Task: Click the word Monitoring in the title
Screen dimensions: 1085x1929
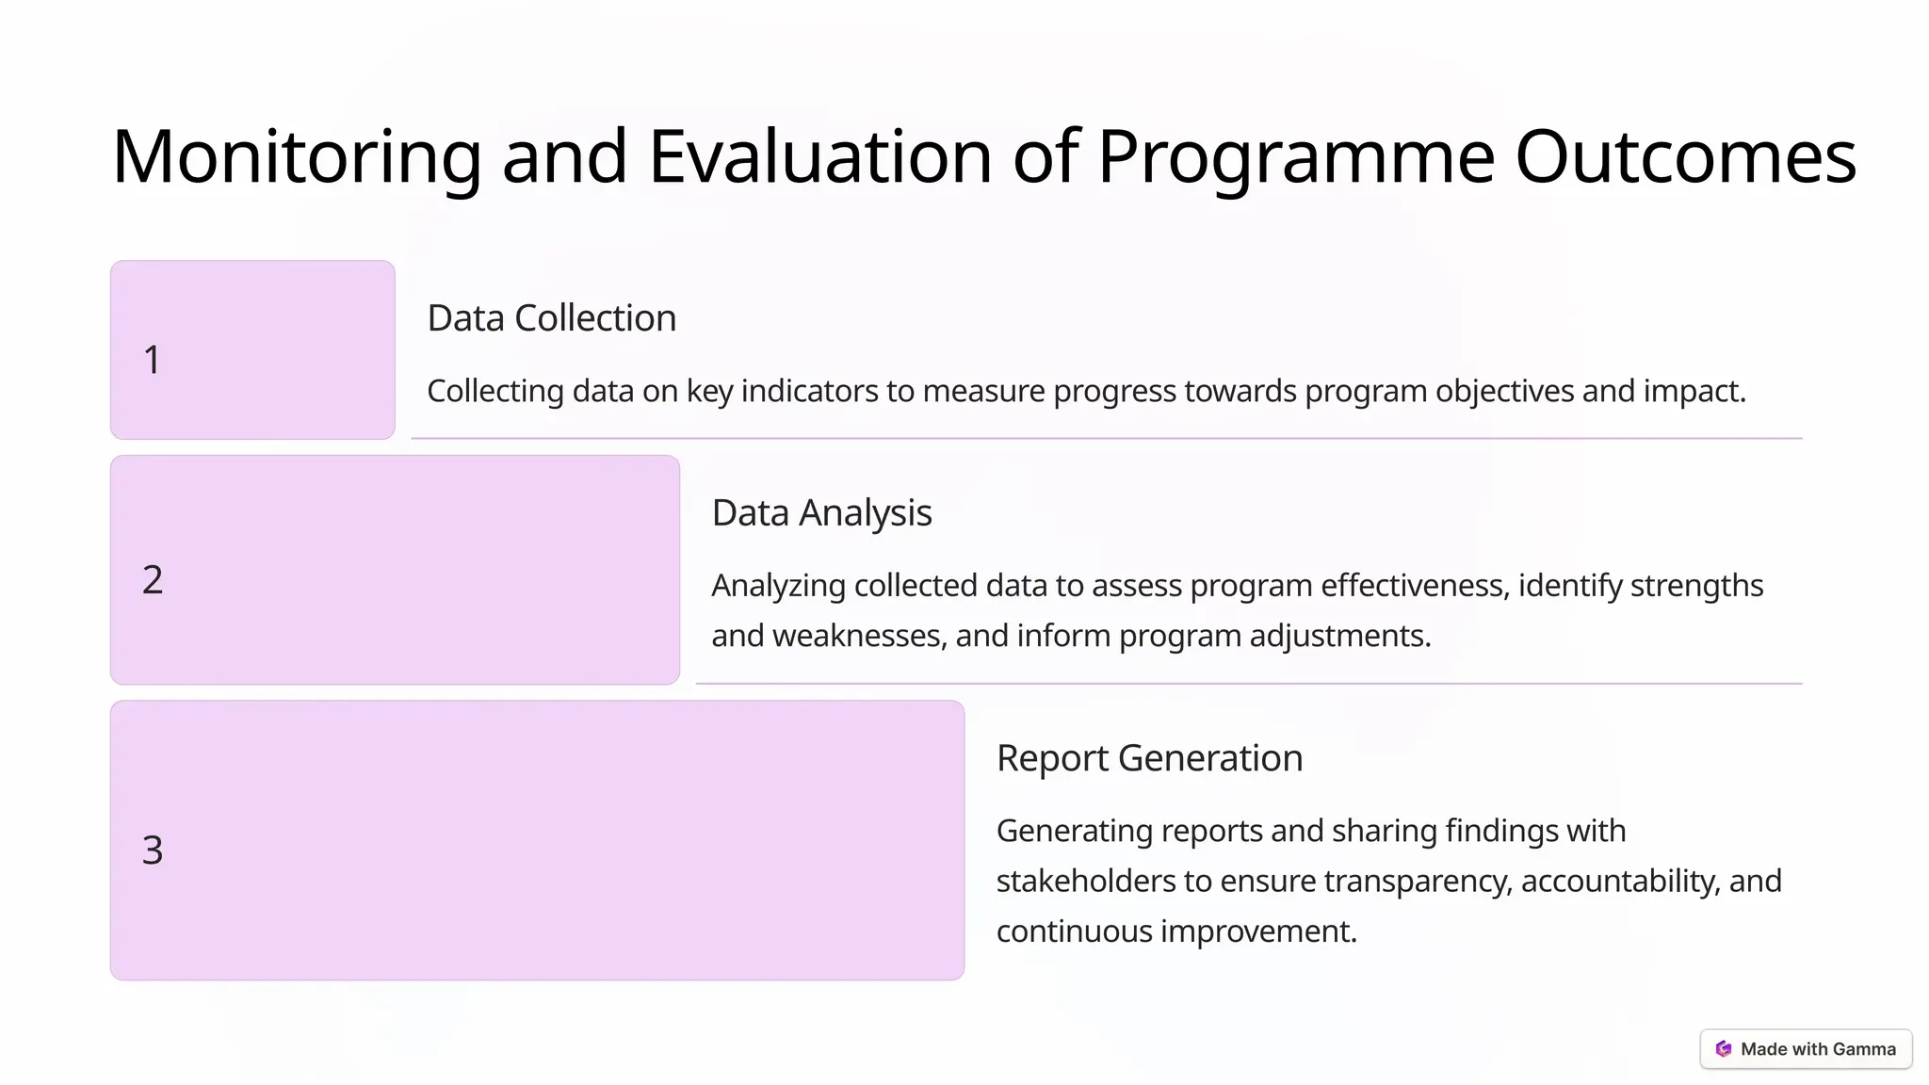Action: (x=297, y=156)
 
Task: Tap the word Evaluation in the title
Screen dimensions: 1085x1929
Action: (x=819, y=156)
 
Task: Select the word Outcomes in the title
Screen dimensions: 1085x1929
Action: (x=1685, y=156)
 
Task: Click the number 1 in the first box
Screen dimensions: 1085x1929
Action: (x=152, y=360)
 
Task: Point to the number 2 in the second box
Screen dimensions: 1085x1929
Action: (x=153, y=579)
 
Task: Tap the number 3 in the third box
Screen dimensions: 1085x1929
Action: (x=153, y=850)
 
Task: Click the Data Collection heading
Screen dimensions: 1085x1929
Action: (x=551, y=318)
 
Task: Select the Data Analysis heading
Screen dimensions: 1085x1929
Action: (x=821, y=513)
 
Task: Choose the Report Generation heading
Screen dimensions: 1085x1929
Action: (x=1149, y=758)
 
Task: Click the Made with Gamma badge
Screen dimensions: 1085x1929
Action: (x=1806, y=1049)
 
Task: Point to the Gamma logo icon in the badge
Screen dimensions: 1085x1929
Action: (x=1724, y=1049)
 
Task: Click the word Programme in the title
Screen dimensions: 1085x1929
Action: (x=1295, y=156)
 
